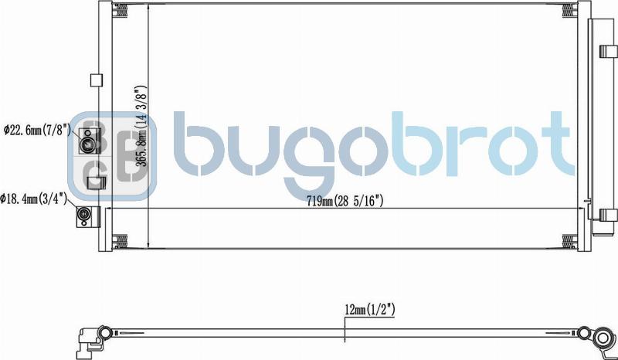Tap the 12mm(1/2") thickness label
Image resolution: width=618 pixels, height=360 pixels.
click(370, 309)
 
